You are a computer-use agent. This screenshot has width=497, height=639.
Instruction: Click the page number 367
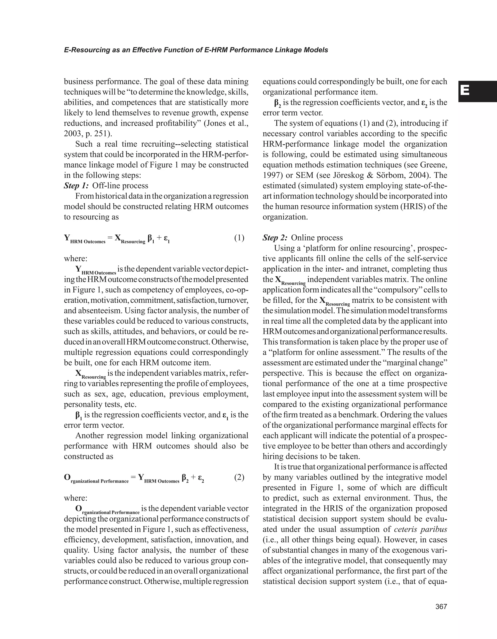(441, 607)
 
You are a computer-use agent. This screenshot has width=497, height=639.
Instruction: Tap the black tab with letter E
(477, 91)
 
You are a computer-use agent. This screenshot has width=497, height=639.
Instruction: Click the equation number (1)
(239, 238)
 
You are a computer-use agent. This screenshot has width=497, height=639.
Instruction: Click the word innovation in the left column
(211, 540)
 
